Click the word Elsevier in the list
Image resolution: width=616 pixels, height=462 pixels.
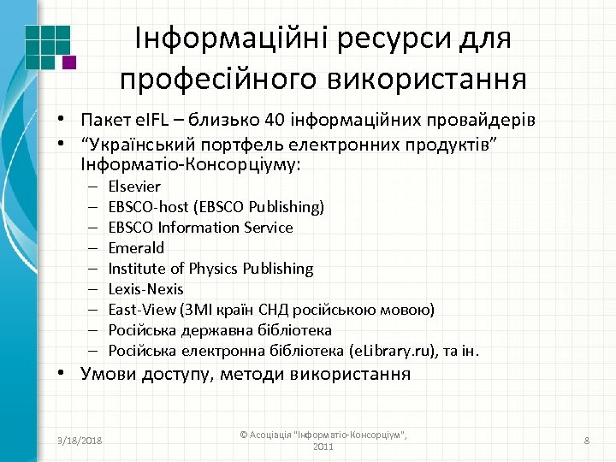tap(134, 187)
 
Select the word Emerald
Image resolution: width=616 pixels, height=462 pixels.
tap(136, 248)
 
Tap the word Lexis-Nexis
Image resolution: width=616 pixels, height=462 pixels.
tap(145, 289)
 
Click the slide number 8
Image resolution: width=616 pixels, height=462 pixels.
tap(587, 440)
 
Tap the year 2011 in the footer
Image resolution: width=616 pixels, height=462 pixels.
tap(324, 447)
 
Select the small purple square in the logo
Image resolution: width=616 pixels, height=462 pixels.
tap(69, 62)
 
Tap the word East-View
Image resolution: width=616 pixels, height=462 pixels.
tap(139, 310)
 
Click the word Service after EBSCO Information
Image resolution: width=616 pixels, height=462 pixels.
tap(269, 228)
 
